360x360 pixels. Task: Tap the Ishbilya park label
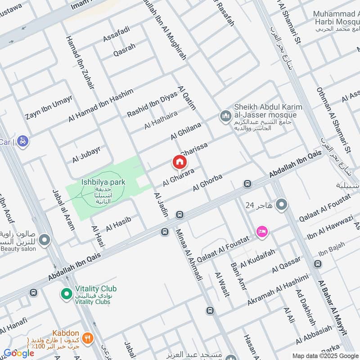(103, 182)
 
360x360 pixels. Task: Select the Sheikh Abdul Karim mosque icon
(225, 117)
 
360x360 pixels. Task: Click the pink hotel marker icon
(261, 231)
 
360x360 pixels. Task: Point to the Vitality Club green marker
(66, 294)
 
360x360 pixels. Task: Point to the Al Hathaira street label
(161, 120)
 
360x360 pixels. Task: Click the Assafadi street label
(117, 34)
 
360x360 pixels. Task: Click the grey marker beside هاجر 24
(282, 205)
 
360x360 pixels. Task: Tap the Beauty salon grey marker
(44, 240)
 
